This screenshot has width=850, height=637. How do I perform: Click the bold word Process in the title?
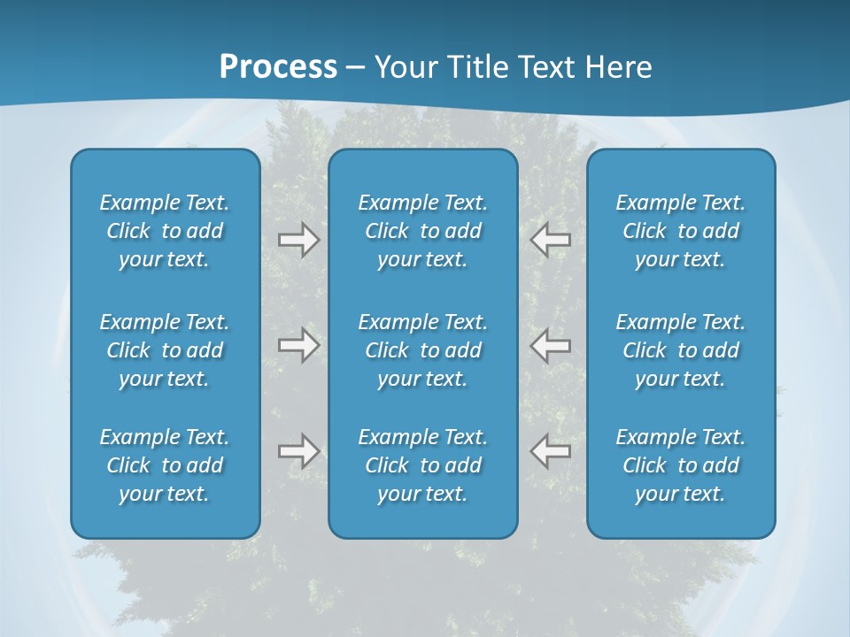(x=278, y=67)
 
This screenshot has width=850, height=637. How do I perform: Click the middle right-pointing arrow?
(x=298, y=345)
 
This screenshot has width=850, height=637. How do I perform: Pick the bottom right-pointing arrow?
(x=298, y=451)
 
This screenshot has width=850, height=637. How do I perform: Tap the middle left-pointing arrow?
(x=551, y=345)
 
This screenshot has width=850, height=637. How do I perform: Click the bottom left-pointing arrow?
(x=551, y=451)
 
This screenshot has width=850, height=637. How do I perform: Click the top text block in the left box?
(x=165, y=231)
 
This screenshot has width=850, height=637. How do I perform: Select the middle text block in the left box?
(x=165, y=350)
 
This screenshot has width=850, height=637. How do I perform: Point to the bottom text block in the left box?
(x=165, y=465)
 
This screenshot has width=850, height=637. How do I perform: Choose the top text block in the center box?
(x=422, y=231)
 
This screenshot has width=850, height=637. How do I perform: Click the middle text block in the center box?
(x=422, y=350)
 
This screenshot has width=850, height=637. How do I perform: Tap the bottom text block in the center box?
(x=422, y=465)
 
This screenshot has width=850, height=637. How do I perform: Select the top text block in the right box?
(x=680, y=231)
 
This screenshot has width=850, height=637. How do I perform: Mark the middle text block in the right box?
(x=680, y=350)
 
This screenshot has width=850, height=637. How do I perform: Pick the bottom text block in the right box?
(x=680, y=465)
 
